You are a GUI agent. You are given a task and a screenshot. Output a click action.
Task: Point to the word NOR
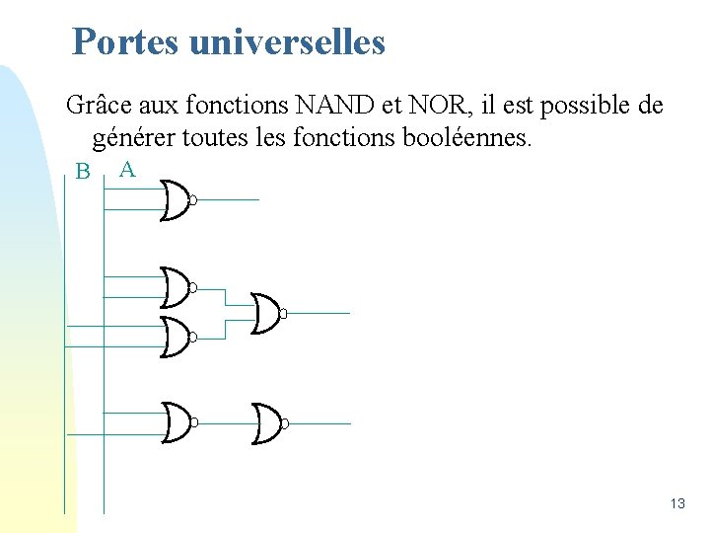coord(406,105)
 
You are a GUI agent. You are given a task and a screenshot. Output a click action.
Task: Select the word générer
coord(133,136)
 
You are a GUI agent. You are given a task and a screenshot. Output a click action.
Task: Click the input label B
coord(83,172)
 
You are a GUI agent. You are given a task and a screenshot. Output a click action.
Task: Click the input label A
coord(127,170)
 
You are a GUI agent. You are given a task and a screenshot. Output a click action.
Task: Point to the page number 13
coord(676,503)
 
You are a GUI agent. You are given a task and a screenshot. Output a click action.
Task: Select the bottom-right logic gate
coord(266,422)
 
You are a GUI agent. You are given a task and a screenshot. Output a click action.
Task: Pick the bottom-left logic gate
coord(177,422)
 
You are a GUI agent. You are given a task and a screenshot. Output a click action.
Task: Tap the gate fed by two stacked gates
coord(266,313)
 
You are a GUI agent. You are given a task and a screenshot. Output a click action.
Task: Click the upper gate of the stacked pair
coord(177,287)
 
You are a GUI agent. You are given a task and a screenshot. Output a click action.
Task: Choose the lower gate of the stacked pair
coord(177,338)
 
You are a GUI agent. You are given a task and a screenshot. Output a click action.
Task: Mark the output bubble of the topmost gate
coord(193,200)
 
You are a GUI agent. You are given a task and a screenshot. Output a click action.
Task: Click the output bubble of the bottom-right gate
coord(283,423)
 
